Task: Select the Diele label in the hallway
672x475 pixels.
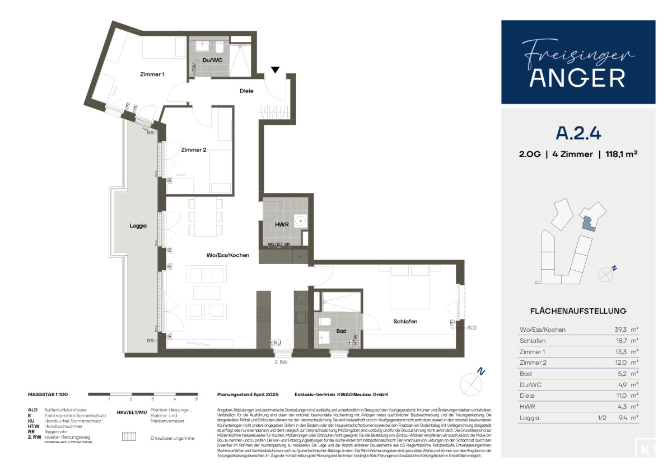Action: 246,91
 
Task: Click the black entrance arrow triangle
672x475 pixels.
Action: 275,70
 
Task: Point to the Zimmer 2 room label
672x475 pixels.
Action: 194,150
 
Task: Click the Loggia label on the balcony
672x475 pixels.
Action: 138,226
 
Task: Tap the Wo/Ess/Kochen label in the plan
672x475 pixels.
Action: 227,255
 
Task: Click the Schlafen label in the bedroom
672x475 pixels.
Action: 405,322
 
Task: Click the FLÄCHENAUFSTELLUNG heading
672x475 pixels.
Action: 578,311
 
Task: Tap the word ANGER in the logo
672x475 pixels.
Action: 577,78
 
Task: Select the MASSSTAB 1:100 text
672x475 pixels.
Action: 48,394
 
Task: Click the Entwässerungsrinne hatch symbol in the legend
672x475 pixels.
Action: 129,437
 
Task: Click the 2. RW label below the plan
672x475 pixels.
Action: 281,362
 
